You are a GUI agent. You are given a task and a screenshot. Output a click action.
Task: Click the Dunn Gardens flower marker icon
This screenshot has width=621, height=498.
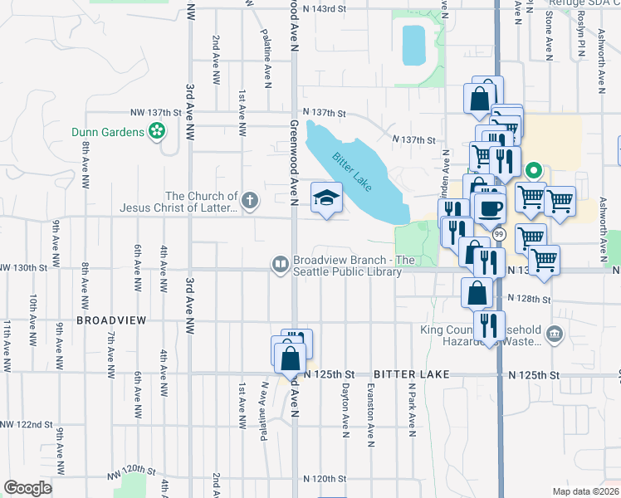click(155, 130)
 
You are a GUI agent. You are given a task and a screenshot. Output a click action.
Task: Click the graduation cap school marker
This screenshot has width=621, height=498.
click(326, 198)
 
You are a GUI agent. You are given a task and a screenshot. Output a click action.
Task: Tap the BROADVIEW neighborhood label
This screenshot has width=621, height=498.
click(111, 320)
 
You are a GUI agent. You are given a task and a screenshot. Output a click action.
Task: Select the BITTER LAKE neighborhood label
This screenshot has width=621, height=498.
click(411, 375)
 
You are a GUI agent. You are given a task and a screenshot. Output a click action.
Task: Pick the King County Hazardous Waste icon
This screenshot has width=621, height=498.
click(555, 335)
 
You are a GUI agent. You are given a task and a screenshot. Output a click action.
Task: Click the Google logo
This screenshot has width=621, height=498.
click(27, 488)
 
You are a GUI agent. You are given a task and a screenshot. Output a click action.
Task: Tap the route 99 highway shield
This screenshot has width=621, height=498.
click(499, 236)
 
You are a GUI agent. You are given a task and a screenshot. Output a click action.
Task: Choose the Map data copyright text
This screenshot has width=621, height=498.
click(586, 491)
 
